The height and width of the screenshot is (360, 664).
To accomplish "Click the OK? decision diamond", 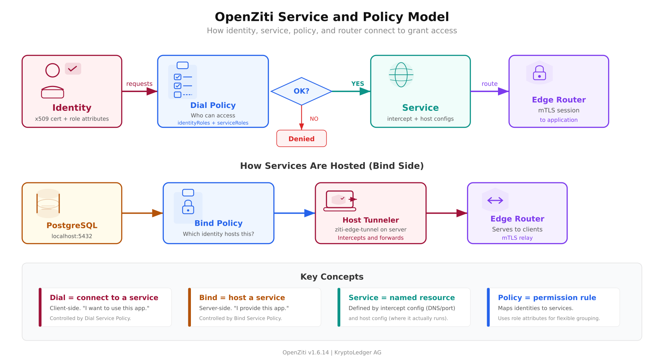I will coord(301,91).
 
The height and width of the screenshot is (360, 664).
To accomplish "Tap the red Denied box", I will coord(301,139).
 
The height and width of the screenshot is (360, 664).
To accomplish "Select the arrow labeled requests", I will coord(139,91).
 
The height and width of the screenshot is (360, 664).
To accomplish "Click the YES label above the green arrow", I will coord(358,84).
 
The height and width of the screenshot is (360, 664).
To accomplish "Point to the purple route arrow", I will coord(489,91).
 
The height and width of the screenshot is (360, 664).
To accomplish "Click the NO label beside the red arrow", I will coord(314,119).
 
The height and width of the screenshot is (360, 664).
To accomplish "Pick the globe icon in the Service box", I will coord(401,75).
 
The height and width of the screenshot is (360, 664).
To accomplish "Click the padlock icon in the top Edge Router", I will coord(539,73).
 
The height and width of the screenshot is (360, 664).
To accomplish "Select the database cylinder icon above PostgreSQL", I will coord(48,203).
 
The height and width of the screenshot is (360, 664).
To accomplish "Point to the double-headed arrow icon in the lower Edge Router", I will coord(495,200).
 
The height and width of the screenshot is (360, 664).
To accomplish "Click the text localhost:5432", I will coord(72,236).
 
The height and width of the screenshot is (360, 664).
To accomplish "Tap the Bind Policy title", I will coord(218,223).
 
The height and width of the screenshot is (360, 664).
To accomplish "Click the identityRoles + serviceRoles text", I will coord(213,123).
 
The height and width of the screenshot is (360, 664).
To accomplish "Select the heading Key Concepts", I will coord(332,277).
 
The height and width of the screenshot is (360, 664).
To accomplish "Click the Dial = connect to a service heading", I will coord(104,298).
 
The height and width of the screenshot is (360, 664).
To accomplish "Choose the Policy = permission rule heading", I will coord(547,298).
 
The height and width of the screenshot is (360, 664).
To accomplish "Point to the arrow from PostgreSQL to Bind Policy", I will coord(142,213).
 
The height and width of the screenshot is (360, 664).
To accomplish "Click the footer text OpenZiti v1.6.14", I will coord(306,352).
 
